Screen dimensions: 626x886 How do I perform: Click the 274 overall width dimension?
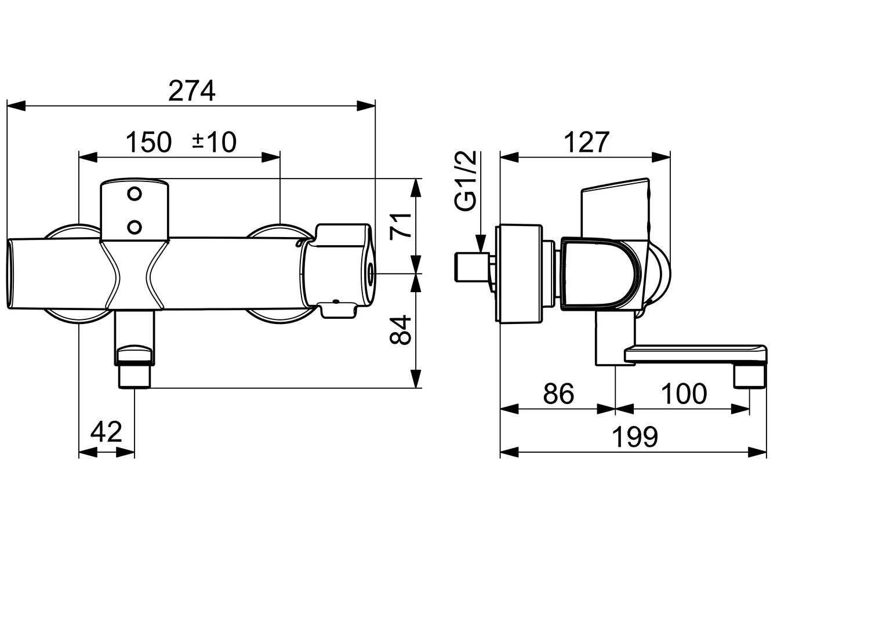191,91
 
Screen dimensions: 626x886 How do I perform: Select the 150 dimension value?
149,143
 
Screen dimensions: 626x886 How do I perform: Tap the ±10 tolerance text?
214,143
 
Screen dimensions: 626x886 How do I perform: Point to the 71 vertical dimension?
401,225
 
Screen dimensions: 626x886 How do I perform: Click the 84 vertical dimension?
401,330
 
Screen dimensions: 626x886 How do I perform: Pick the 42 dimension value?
107,432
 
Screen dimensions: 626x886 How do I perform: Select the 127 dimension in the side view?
587,143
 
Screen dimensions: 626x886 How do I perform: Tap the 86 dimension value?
558,394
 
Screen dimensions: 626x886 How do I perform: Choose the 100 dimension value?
684,394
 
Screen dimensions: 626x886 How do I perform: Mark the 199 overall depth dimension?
635,438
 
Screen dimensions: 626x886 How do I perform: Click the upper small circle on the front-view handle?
135,194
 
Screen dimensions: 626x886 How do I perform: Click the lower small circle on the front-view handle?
135,226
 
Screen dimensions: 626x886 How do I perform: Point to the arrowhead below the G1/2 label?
481,243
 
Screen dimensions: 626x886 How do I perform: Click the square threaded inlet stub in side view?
469,267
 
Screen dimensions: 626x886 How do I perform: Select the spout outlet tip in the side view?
750,377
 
